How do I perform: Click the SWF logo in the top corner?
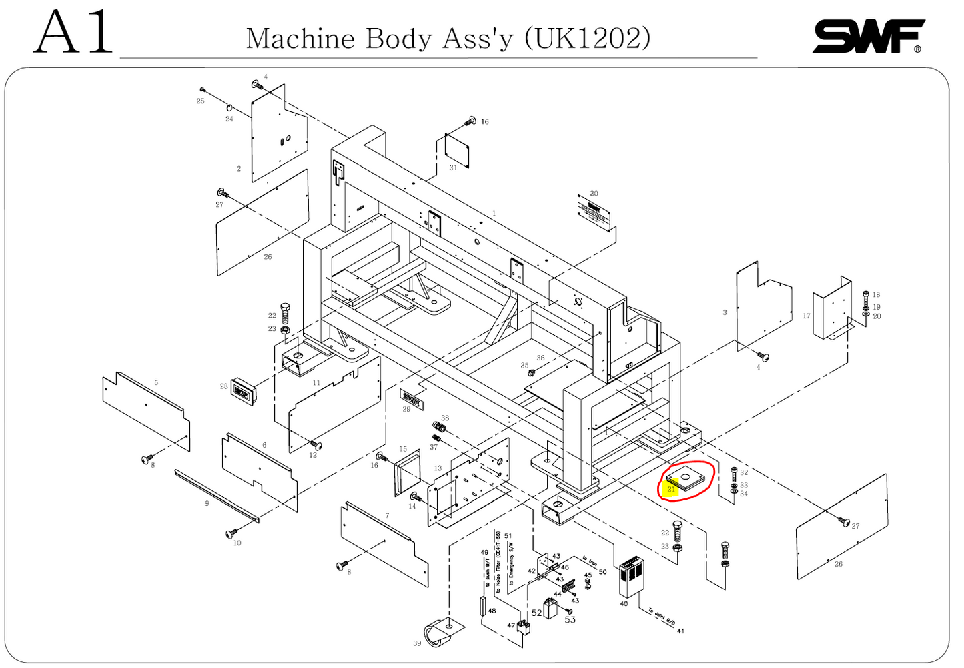click(868, 36)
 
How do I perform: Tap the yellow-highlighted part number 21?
click(671, 489)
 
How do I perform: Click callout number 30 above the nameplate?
click(594, 194)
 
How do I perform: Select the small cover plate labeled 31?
click(457, 150)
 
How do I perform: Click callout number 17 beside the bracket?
click(807, 316)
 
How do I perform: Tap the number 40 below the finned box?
click(624, 604)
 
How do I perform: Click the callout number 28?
click(224, 386)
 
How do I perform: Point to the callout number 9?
click(207, 503)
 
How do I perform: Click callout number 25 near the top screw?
click(200, 101)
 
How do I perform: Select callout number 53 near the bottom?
click(570, 620)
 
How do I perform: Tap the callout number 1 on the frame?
click(494, 214)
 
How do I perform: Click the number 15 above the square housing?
click(403, 449)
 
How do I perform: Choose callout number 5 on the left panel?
click(156, 382)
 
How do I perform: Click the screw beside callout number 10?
click(231, 533)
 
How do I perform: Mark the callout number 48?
click(492, 611)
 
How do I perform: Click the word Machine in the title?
click(300, 38)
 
